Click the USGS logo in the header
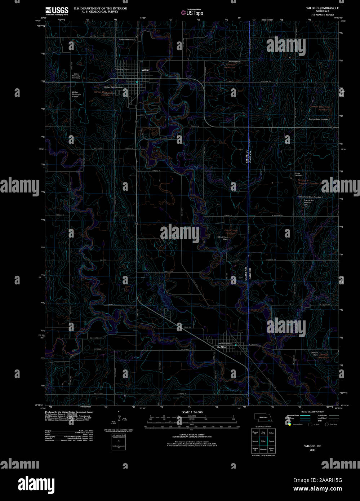tap(57, 11)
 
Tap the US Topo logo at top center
tap(192, 13)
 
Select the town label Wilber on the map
tap(146, 70)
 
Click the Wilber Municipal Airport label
tap(75, 94)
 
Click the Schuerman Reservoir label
tap(231, 231)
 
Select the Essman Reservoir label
tap(324, 356)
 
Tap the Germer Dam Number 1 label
tap(319, 119)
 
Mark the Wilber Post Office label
tap(121, 69)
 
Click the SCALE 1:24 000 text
tap(192, 412)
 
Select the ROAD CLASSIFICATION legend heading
tap(312, 412)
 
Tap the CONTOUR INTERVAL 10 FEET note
tap(192, 435)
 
